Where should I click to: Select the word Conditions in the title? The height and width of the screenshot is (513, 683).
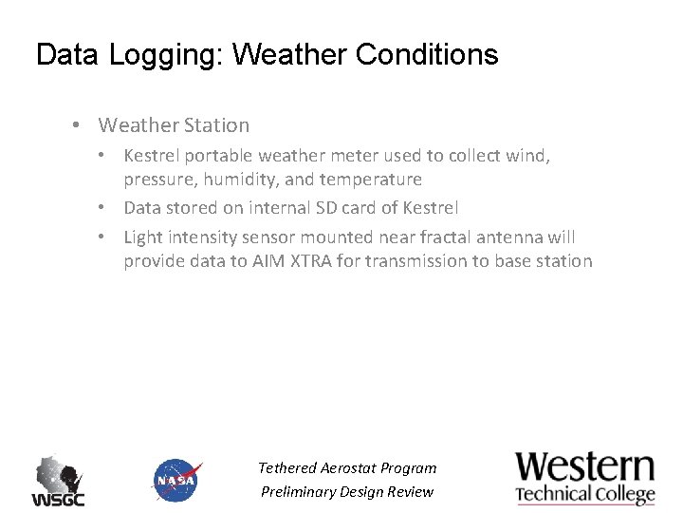[427, 55]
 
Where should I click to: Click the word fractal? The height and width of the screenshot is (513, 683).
[443, 237]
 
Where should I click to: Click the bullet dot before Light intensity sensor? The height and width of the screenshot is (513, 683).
[111, 237]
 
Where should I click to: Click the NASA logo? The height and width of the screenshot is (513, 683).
[176, 480]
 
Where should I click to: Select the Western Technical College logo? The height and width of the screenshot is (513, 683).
[585, 478]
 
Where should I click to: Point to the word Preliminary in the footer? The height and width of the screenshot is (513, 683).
[302, 491]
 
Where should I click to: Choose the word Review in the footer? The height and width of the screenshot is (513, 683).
[410, 491]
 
